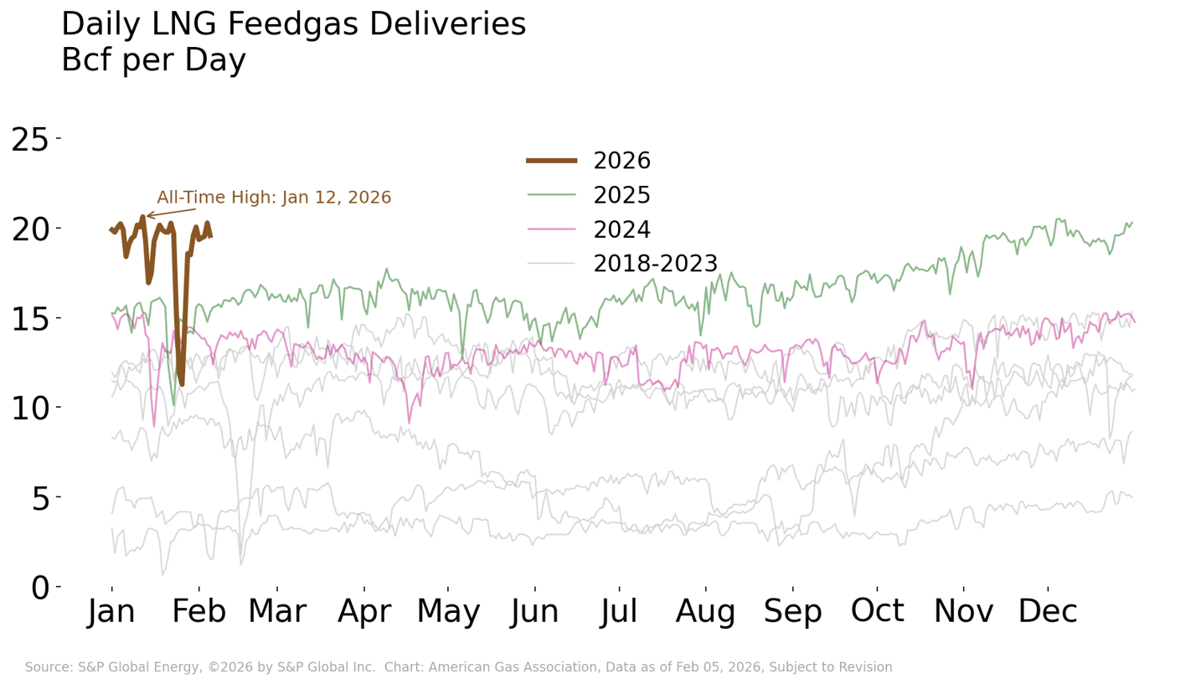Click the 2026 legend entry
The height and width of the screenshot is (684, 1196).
tap(621, 161)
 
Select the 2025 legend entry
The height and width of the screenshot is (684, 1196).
tap(621, 195)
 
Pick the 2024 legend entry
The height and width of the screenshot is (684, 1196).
tap(621, 229)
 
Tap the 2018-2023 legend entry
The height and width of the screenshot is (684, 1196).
tap(655, 264)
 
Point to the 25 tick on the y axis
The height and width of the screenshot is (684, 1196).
tap(31, 139)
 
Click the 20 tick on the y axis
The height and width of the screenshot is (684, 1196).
tap(31, 229)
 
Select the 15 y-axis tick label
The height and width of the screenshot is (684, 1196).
tap(31, 319)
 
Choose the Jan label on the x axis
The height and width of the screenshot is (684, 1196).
tap(111, 613)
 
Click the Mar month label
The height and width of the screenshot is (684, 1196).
tap(276, 613)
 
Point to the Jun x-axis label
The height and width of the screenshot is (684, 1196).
tap(535, 613)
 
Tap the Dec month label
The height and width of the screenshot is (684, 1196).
tap(1048, 613)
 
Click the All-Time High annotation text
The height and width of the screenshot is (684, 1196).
tap(274, 198)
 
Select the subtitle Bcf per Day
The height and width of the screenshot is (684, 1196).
tap(153, 60)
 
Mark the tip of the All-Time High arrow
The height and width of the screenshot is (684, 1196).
tap(147, 217)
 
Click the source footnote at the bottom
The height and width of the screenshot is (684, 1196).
tap(458, 667)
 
